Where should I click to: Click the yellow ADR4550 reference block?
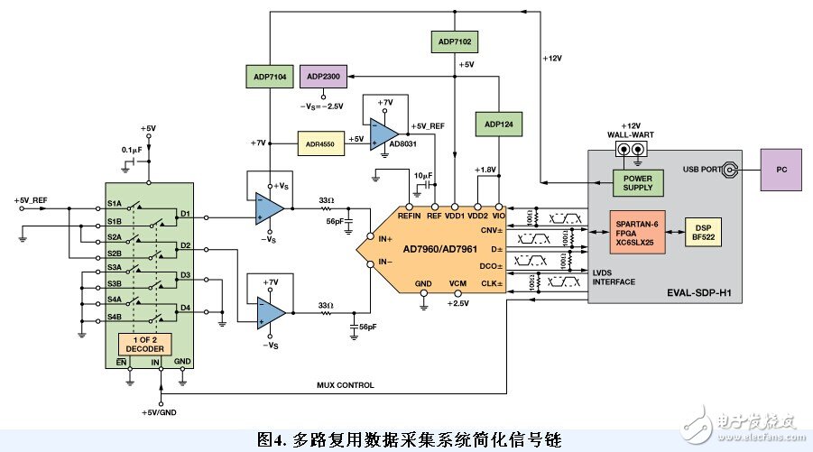pyautogui.click(x=321, y=143)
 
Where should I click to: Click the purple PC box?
pyautogui.click(x=780, y=170)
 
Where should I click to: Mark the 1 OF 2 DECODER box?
pyautogui.click(x=143, y=345)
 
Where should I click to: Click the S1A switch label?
pyautogui.click(x=115, y=204)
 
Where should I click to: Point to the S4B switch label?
pyautogui.click(x=115, y=317)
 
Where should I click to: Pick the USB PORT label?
pyautogui.click(x=702, y=170)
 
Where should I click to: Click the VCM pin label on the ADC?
pyautogui.click(x=458, y=285)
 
